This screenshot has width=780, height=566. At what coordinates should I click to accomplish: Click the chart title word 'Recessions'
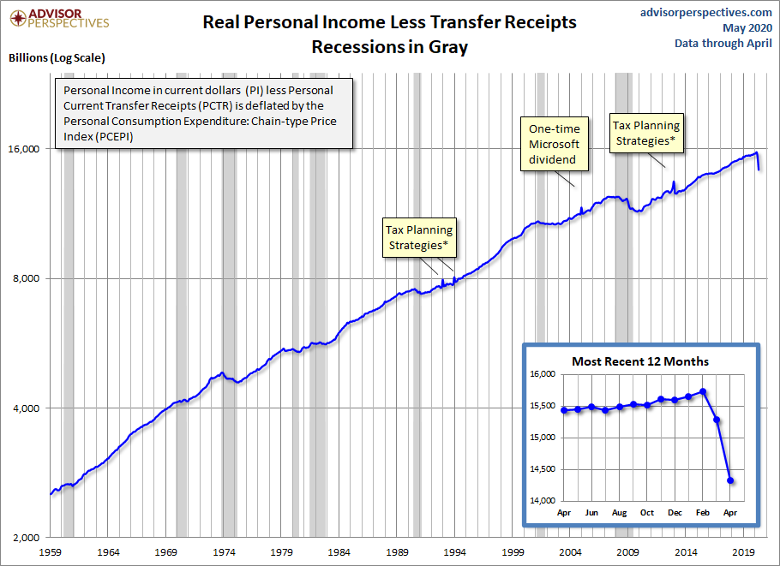[354, 47]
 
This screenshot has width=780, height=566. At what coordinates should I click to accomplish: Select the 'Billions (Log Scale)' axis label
[57, 58]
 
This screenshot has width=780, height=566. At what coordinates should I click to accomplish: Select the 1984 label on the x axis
[340, 552]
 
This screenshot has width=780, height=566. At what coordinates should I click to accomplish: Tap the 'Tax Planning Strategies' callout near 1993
[419, 238]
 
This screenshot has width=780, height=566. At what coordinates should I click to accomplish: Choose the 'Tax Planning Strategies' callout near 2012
[646, 134]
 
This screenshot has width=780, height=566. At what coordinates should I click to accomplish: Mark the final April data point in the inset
[730, 480]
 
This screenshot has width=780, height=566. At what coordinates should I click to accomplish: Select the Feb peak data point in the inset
[703, 392]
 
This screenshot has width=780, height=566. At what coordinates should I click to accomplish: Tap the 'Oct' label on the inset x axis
[646, 513]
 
